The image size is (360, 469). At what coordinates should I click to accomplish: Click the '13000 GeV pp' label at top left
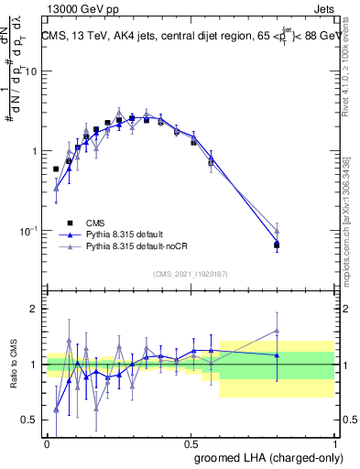click(80, 7)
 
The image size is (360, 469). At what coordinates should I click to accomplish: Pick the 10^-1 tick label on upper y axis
click(30, 230)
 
